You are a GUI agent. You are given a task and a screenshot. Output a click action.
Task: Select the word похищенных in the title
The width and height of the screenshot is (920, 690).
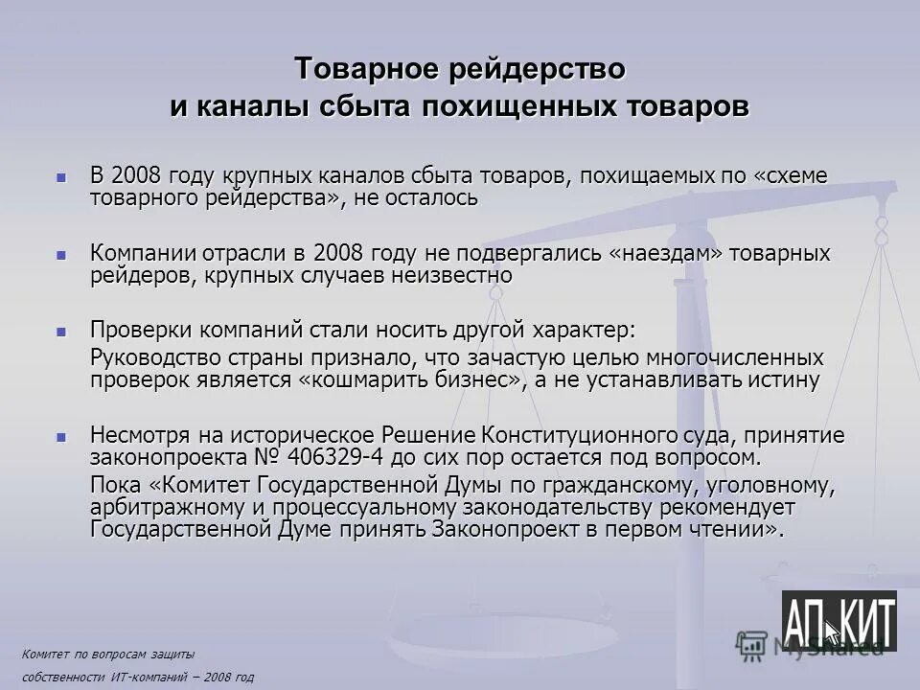(540, 105)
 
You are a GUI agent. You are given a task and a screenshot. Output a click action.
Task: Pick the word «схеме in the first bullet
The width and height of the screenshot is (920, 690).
(777, 177)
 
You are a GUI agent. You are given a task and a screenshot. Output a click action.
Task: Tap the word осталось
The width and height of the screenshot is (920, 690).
(431, 198)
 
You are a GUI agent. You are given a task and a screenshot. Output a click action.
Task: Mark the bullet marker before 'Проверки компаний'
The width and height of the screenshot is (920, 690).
(62, 331)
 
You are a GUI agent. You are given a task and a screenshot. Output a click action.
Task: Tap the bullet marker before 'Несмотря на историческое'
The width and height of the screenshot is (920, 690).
(62, 436)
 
